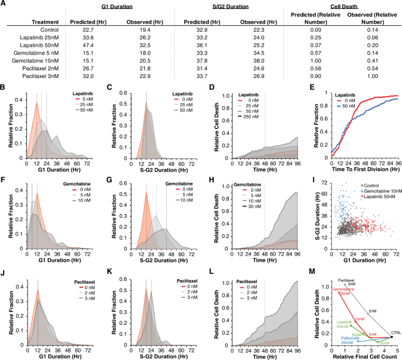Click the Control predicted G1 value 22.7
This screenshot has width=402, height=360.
pyautogui.click(x=88, y=28)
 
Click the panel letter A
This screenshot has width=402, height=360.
pyautogui.click(x=4, y=5)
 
